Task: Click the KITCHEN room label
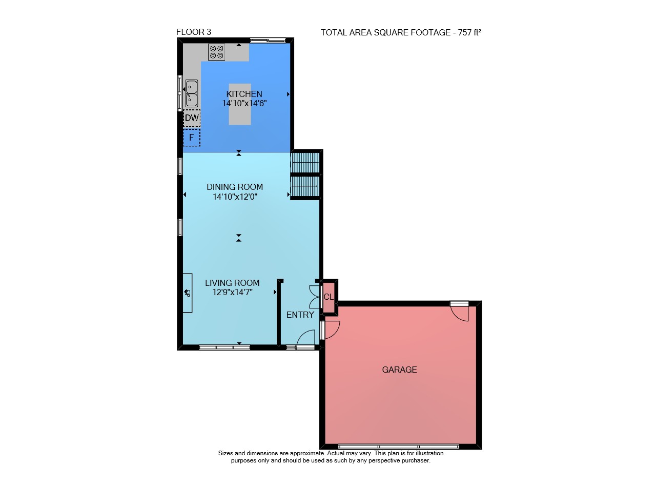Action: click(x=244, y=94)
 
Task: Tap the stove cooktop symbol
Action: click(x=216, y=52)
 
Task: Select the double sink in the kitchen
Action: click(x=191, y=93)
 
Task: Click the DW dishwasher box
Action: click(x=192, y=118)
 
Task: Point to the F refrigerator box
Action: click(x=192, y=137)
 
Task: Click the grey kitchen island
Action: click(x=240, y=104)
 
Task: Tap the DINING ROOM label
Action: click(x=235, y=187)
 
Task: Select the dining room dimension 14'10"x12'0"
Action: click(x=235, y=197)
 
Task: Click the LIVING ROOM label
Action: click(x=232, y=283)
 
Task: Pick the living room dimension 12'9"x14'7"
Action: click(x=233, y=292)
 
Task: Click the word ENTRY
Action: click(x=300, y=315)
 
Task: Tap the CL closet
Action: click(x=329, y=297)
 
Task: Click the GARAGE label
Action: click(x=399, y=370)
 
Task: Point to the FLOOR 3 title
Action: click(x=194, y=32)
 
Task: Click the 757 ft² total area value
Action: click(x=469, y=32)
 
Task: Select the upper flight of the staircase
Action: click(x=305, y=163)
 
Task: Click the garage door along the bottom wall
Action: click(x=399, y=447)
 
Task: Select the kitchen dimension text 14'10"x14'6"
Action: click(x=244, y=104)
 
